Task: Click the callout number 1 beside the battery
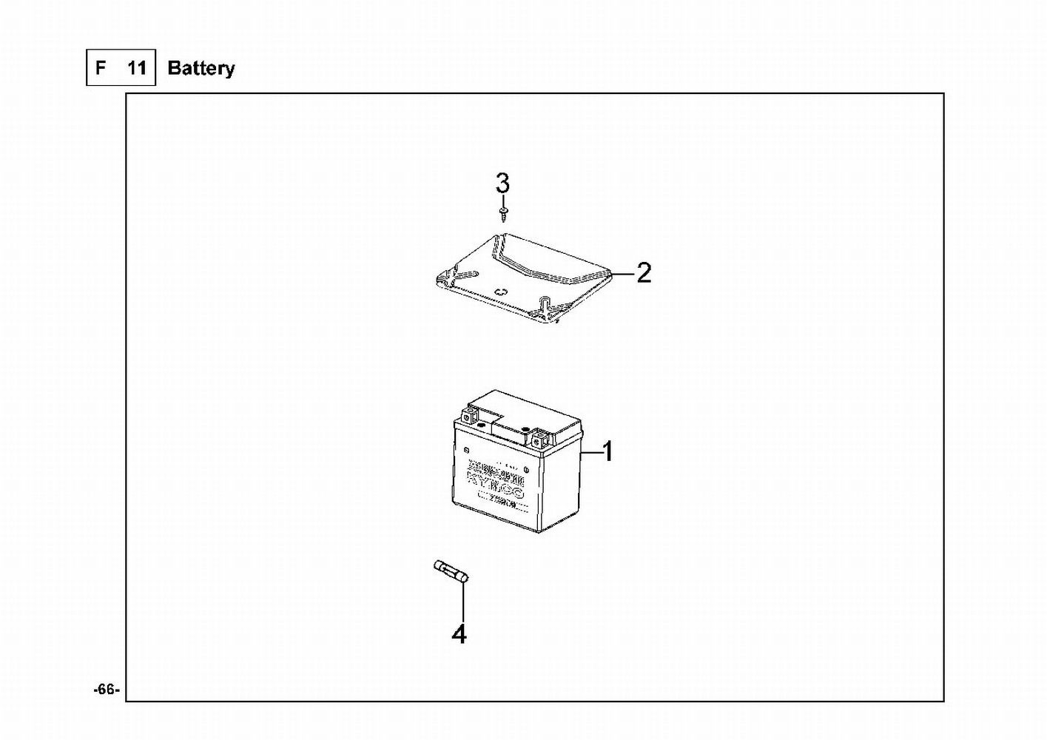pos(607,451)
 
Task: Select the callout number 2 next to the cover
pos(644,273)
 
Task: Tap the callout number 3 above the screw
pos(502,181)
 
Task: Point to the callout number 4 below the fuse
pos(459,634)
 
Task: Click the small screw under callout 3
pos(503,215)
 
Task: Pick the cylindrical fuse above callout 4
pos(451,573)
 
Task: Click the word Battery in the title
pos(201,68)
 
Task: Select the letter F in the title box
pos(100,68)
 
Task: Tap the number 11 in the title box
pos(136,68)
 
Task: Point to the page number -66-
pos(106,690)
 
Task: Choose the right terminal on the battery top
pos(539,437)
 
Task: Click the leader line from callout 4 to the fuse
pos(463,603)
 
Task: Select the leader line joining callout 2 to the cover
pos(623,273)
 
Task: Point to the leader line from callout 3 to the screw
pos(503,200)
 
